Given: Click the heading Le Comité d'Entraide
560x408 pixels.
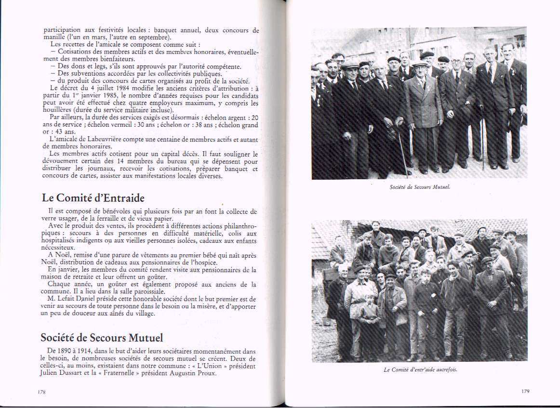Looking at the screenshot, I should click(x=93, y=198).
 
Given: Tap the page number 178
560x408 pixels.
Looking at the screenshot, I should click(x=41, y=393).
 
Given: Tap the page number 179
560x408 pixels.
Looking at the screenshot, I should click(x=525, y=391).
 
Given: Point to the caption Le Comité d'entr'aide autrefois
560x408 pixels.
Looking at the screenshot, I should click(x=419, y=370).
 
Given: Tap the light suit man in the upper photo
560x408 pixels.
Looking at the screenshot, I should click(x=423, y=116).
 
